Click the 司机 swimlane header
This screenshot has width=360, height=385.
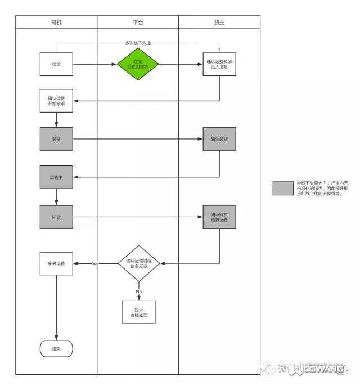[56, 22]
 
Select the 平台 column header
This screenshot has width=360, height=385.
[138, 22]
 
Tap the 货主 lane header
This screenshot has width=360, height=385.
[219, 22]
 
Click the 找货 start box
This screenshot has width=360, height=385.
[56, 64]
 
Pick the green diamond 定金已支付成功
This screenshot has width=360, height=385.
[138, 64]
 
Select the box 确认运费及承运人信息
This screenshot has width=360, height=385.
[219, 64]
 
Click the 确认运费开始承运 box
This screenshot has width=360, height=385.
[56, 101]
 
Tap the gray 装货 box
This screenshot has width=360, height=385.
[56, 139]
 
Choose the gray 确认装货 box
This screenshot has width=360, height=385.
[219, 139]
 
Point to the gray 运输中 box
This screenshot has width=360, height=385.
[56, 177]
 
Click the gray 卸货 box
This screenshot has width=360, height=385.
[56, 217]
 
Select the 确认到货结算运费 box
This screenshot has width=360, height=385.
[219, 217]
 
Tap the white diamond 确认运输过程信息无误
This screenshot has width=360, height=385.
[138, 263]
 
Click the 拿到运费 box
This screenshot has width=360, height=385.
[56, 263]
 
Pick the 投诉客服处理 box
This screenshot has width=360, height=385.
[138, 312]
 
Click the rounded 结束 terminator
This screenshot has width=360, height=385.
[56, 348]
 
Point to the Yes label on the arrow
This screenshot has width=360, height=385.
[95, 263]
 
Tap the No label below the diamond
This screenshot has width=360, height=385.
[138, 291]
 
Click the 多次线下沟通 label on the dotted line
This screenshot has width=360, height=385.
[138, 43]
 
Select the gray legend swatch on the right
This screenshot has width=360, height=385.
[283, 188]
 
